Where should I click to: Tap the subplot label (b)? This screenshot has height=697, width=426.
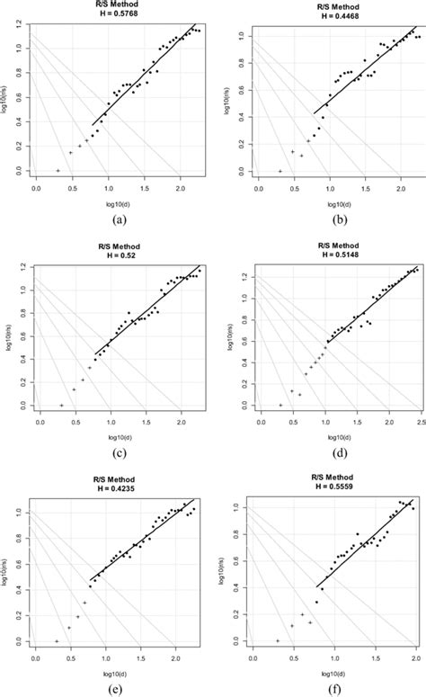(x=321, y=218)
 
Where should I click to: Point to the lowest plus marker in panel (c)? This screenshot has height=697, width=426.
(x=61, y=406)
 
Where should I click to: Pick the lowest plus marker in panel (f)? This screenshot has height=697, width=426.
(x=278, y=640)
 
